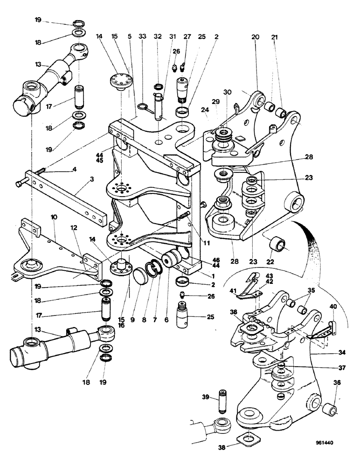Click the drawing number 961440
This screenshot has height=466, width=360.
(x=323, y=444)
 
